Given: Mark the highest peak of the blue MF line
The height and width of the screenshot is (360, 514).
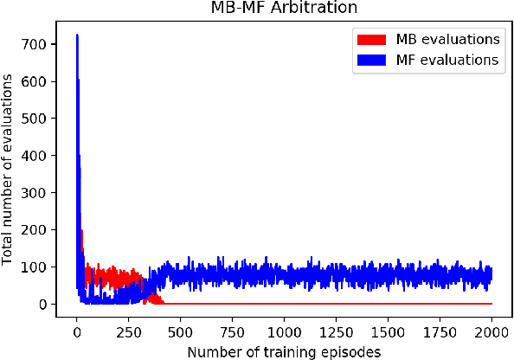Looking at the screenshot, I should coord(77,35).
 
